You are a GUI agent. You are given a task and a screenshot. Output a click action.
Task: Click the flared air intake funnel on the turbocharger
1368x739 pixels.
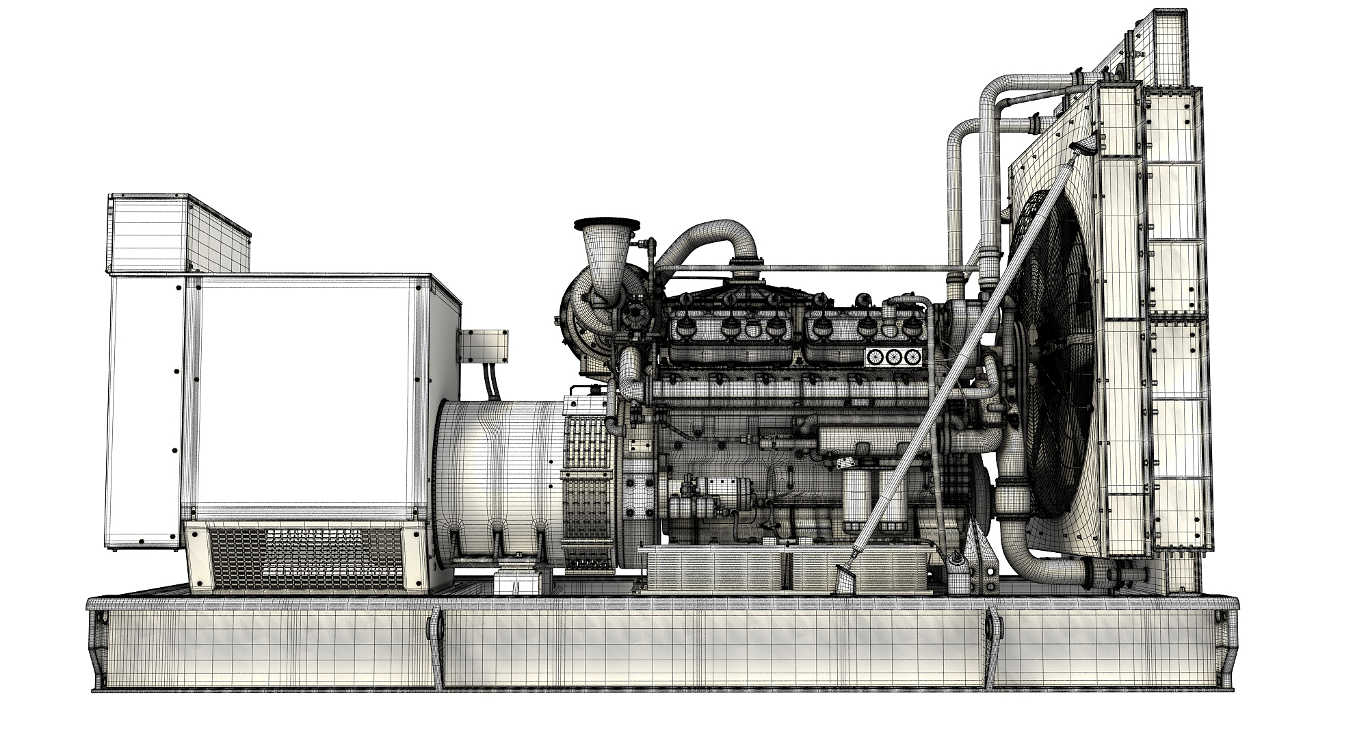tap(606, 257)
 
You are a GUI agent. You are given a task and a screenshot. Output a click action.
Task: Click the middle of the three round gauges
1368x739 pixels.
tap(893, 356)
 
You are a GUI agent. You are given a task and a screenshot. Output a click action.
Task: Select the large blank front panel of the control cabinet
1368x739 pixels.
tap(304, 397)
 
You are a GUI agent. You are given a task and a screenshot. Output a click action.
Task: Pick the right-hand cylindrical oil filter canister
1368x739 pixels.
tap(889, 500)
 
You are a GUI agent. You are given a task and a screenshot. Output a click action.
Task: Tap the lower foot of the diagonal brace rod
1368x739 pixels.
tap(847, 582)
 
